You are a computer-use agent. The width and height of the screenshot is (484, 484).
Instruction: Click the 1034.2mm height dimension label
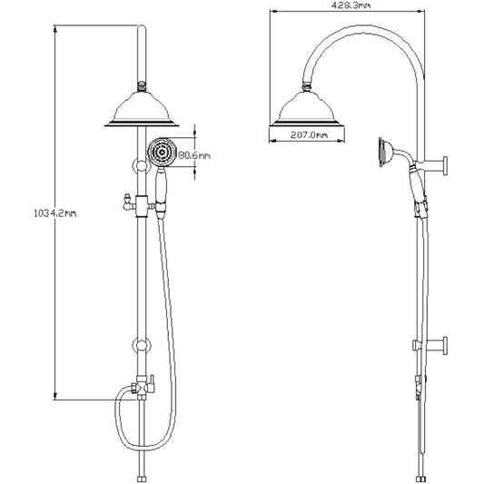pos(55,213)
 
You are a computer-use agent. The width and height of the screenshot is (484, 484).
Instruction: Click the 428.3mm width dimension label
pos(351,5)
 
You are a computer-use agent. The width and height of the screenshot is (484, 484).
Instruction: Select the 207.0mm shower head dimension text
pos(309,135)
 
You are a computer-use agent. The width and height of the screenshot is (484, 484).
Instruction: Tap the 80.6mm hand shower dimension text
pos(194,155)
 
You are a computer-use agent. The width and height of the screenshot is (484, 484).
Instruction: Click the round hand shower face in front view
pos(162,153)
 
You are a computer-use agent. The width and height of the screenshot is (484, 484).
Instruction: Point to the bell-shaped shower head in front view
pos(142,110)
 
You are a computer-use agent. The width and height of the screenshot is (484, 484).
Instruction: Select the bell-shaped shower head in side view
pos(307,109)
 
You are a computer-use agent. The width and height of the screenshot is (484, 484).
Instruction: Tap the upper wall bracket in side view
pos(435,165)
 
